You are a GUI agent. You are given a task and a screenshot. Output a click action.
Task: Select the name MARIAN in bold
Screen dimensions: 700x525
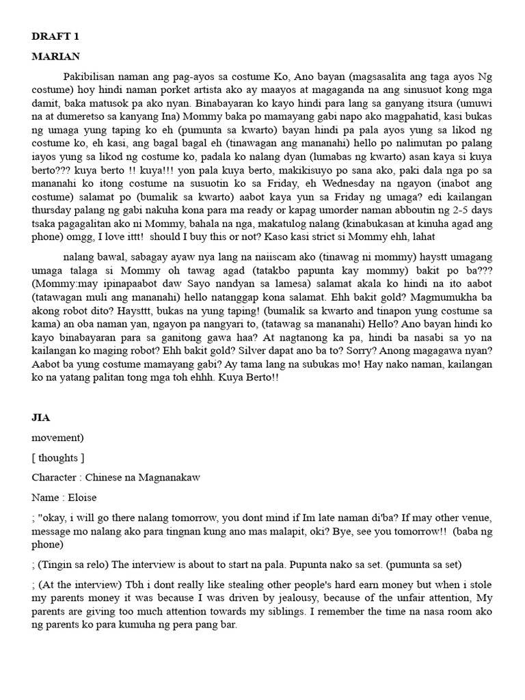[x=56, y=56]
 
